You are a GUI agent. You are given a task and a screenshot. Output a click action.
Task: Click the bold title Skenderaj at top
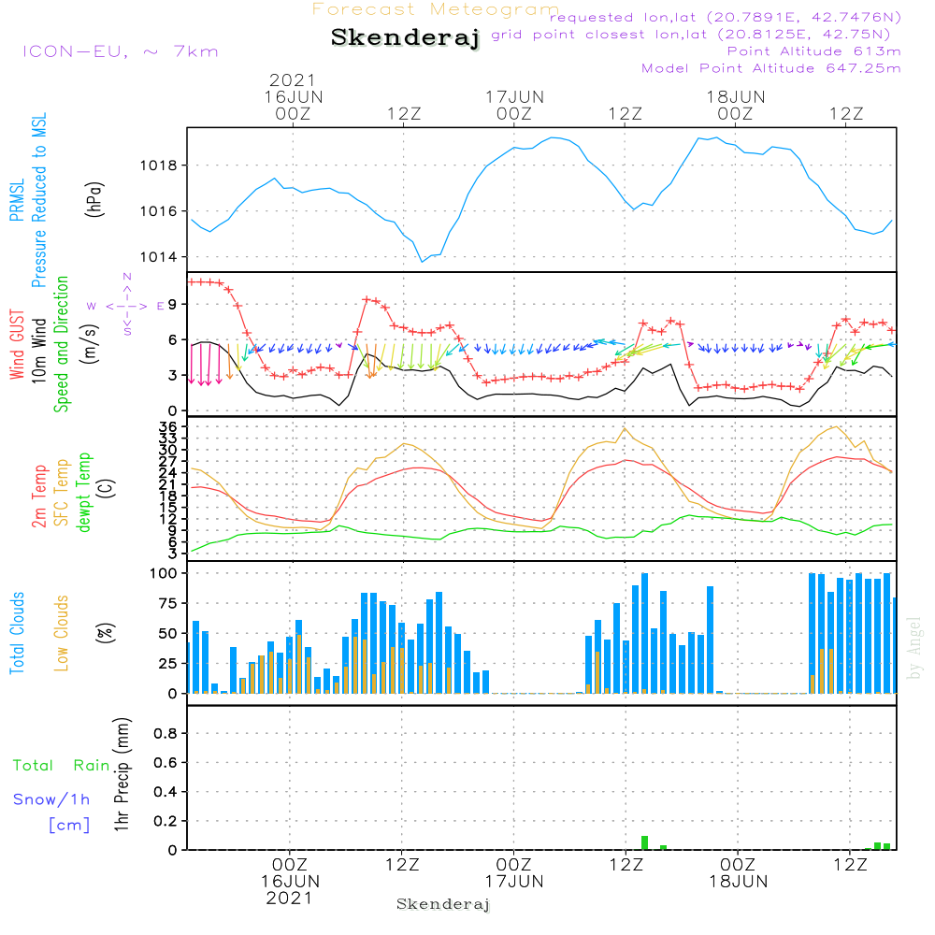pos(406,37)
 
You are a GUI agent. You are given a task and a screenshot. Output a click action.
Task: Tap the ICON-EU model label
pos(75,51)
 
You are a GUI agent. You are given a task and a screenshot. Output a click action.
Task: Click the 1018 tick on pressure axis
pos(159,165)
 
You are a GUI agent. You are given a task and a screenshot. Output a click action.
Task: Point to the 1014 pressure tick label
pos(159,257)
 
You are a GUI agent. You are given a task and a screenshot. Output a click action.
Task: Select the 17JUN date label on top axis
pos(514,96)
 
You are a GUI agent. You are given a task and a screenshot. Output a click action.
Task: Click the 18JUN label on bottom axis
pos(739,882)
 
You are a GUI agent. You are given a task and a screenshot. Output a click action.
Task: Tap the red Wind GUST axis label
pos(17,345)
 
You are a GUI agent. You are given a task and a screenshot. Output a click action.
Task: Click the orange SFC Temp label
pos(62,493)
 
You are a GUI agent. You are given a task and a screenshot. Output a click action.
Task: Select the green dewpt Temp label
pos(83,492)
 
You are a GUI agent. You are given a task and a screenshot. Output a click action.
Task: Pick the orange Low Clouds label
pos(62,633)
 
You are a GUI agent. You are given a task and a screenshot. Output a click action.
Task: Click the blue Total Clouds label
pos(17,633)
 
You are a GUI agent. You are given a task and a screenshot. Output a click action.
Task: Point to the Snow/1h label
pos(51,799)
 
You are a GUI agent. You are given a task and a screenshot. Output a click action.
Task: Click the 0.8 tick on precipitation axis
pos(165,733)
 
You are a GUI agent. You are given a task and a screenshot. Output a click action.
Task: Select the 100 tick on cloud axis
pos(164,573)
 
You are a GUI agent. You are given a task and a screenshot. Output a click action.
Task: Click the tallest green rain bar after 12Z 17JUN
pos(644,842)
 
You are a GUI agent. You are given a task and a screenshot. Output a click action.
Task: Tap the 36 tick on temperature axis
pos(168,427)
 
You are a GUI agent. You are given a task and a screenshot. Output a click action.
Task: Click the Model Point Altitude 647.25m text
pos(771,68)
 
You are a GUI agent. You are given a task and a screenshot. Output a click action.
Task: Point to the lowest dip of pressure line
pos(423,262)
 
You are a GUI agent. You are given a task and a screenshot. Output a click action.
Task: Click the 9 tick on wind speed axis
pos(173,304)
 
